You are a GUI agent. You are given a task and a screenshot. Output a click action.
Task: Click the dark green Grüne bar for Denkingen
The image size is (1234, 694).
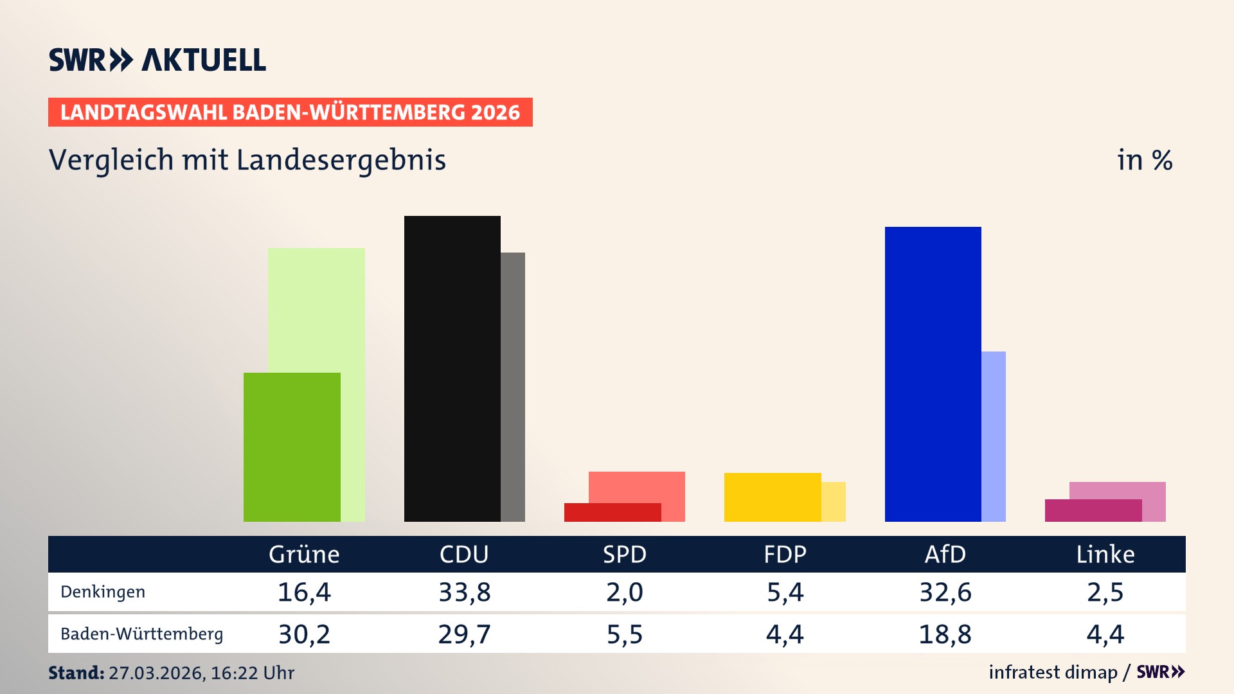[x=292, y=447]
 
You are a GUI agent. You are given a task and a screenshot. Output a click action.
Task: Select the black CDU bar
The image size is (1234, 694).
[x=452, y=368]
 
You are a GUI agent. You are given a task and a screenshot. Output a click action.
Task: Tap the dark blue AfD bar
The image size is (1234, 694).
[x=933, y=373]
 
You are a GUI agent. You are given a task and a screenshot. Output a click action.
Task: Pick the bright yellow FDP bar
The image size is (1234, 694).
[x=772, y=497]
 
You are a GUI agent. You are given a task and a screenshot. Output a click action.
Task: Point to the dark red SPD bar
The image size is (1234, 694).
[x=612, y=512]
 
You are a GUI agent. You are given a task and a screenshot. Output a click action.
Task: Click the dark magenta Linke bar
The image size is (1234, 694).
[x=1093, y=510]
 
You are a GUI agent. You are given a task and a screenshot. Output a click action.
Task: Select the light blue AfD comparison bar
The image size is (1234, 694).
[x=994, y=436]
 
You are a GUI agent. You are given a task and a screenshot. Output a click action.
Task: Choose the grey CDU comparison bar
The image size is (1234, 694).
[x=513, y=386]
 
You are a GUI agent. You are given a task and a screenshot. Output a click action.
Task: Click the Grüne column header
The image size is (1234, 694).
[x=304, y=554]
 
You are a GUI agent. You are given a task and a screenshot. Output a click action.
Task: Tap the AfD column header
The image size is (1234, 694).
[x=945, y=554]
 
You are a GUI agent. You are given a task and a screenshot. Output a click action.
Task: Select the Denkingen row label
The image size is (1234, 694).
[x=103, y=592]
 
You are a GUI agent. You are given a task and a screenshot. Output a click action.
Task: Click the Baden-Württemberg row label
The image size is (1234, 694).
[x=141, y=634]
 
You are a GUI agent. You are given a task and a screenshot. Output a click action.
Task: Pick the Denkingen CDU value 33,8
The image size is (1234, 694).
[x=464, y=592]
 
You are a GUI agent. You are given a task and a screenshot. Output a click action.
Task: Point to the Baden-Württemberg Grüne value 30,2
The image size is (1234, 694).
[x=304, y=634]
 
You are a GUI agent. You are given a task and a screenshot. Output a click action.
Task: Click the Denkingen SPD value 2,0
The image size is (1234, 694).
[x=624, y=592]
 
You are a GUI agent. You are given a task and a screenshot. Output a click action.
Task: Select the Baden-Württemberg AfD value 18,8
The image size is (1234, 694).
[x=945, y=634]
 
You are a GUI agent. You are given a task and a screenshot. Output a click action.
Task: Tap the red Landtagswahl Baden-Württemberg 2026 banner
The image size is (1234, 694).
[x=290, y=112]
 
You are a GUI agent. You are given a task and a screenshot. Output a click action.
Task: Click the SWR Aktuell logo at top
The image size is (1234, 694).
[x=157, y=60]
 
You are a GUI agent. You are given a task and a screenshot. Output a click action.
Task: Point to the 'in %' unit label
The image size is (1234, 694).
[x=1144, y=161]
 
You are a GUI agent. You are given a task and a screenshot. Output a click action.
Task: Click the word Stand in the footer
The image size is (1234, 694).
[x=75, y=673]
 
